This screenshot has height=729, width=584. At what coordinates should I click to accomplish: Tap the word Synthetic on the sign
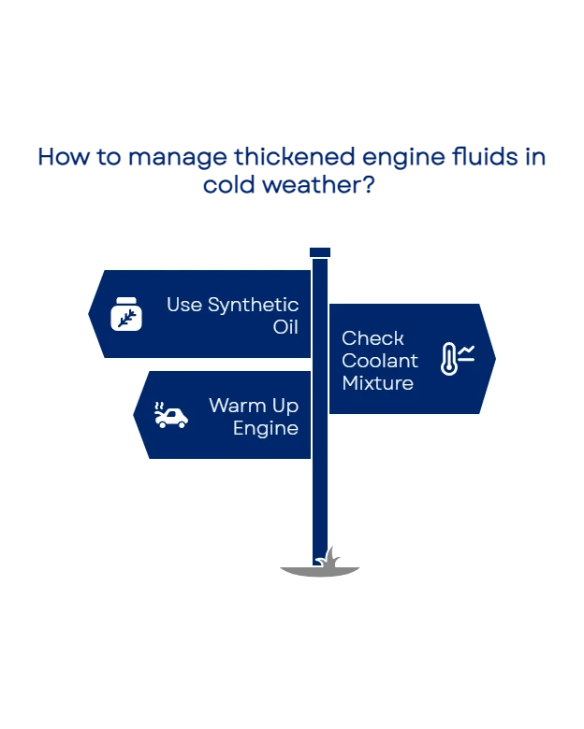(254, 305)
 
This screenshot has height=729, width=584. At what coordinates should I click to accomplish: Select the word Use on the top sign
(184, 305)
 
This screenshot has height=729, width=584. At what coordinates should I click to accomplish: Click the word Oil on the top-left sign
(285, 327)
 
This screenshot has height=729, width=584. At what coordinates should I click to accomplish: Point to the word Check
(372, 338)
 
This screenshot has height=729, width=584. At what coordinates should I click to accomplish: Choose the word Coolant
(379, 361)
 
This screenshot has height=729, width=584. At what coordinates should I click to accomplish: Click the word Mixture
(377, 383)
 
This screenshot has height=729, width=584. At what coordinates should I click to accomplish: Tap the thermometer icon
(456, 360)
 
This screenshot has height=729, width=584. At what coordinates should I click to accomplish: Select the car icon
(171, 416)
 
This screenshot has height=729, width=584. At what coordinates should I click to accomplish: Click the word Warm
(233, 406)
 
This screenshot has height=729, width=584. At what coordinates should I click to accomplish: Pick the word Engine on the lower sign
(265, 428)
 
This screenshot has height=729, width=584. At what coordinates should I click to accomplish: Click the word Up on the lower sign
(285, 406)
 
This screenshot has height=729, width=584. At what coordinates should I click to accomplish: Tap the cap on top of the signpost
(320, 251)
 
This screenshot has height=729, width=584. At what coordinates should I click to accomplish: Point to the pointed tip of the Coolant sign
(493, 359)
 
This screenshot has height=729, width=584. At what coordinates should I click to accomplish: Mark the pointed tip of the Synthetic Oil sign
(91, 314)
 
